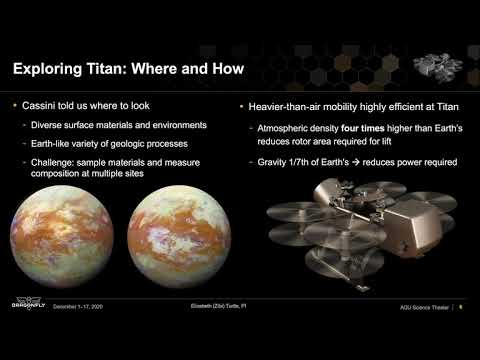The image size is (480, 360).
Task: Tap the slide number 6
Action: pyautogui.click(x=459, y=306)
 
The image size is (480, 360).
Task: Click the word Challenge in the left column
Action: pyautogui.click(x=51, y=159)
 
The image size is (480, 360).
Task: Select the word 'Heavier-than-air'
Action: pyautogui.click(x=284, y=106)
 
